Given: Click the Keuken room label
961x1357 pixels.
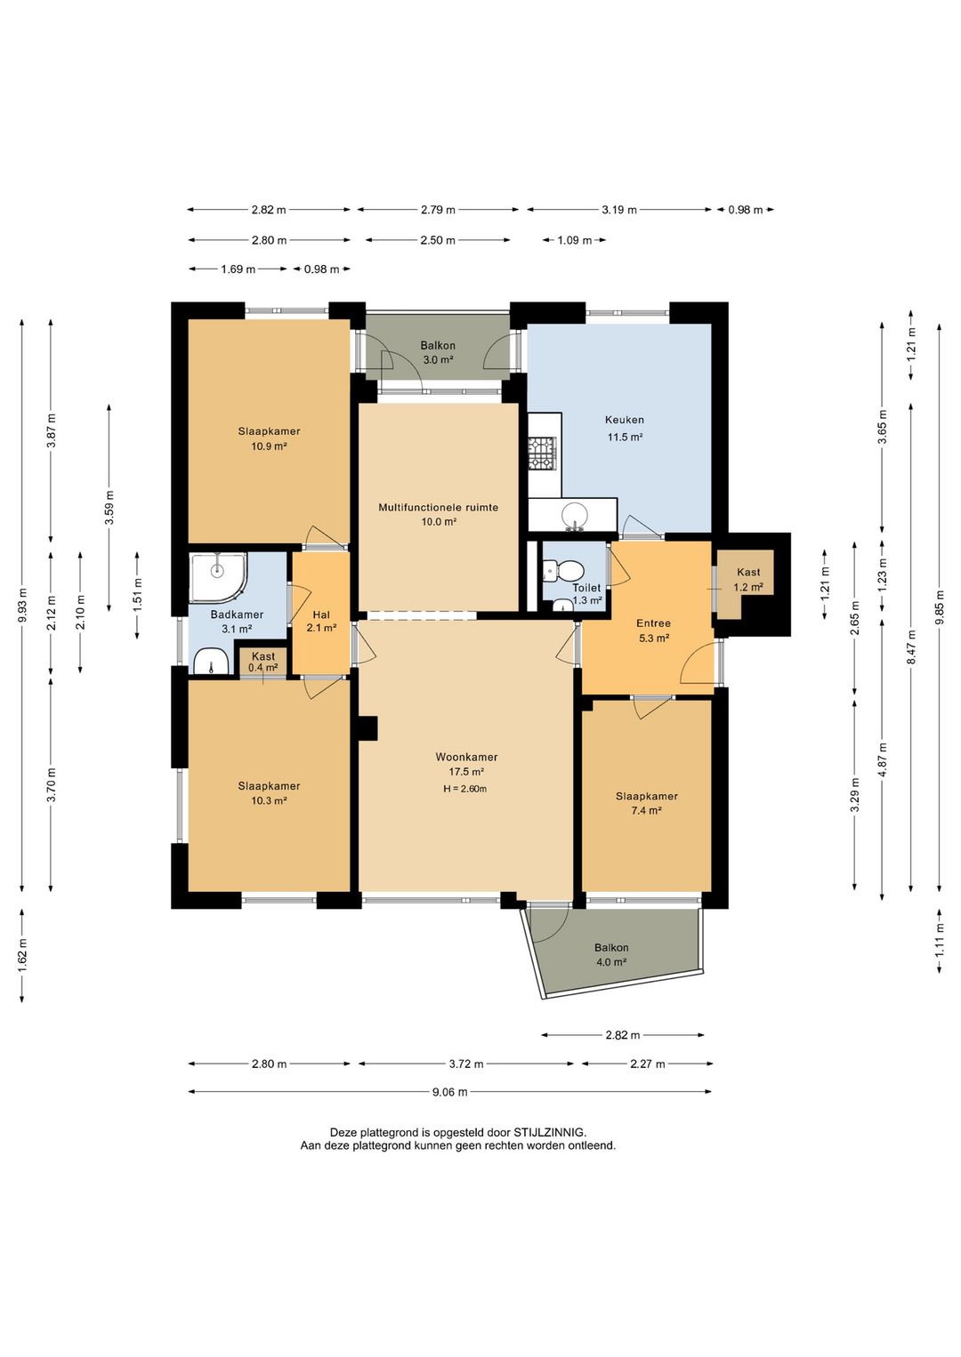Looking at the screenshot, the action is pyautogui.click(x=624, y=419).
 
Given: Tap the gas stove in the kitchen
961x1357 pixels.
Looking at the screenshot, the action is pyautogui.click(x=541, y=454).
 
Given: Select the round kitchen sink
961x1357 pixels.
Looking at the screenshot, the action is pyautogui.click(x=572, y=516).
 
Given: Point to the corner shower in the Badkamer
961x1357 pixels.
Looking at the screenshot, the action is pyautogui.click(x=218, y=577).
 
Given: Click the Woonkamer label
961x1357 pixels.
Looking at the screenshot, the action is pyautogui.click(x=466, y=757).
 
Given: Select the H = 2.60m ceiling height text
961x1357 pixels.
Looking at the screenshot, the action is pyautogui.click(x=465, y=788).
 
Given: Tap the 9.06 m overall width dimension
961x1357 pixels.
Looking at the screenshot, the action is pyautogui.click(x=449, y=1092).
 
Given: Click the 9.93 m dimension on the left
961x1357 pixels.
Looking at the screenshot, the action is pyautogui.click(x=22, y=606).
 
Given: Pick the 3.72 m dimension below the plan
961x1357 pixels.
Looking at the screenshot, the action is pyautogui.click(x=465, y=1064).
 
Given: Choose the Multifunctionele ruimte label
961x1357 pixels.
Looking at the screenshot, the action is pyautogui.click(x=438, y=507).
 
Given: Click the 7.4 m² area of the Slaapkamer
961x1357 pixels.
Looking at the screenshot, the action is pyautogui.click(x=646, y=811).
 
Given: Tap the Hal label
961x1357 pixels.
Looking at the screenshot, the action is pyautogui.click(x=321, y=614).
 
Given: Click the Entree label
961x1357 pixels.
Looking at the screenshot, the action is pyautogui.click(x=653, y=622).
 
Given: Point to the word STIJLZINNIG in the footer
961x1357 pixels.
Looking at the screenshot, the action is pyautogui.click(x=549, y=1132).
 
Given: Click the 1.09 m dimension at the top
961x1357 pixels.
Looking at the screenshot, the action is pyautogui.click(x=574, y=240).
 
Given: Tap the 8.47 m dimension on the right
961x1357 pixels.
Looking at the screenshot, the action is pyautogui.click(x=910, y=647).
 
